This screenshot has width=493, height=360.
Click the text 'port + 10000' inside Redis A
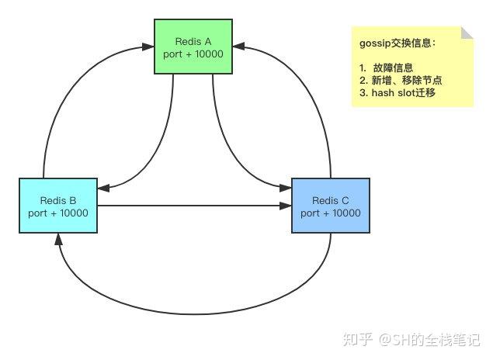click(193, 54)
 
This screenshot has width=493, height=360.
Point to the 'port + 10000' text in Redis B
click(58, 213)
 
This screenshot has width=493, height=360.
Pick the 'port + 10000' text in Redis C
click(330, 213)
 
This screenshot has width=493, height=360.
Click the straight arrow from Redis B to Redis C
click(194, 206)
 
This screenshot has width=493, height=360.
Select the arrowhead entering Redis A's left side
click(148, 47)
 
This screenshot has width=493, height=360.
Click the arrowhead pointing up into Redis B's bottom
click(58, 240)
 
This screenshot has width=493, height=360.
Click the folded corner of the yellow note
click(467, 32)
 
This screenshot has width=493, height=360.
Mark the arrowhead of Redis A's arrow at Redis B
click(104, 188)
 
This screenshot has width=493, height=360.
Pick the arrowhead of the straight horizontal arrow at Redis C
click(285, 206)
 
